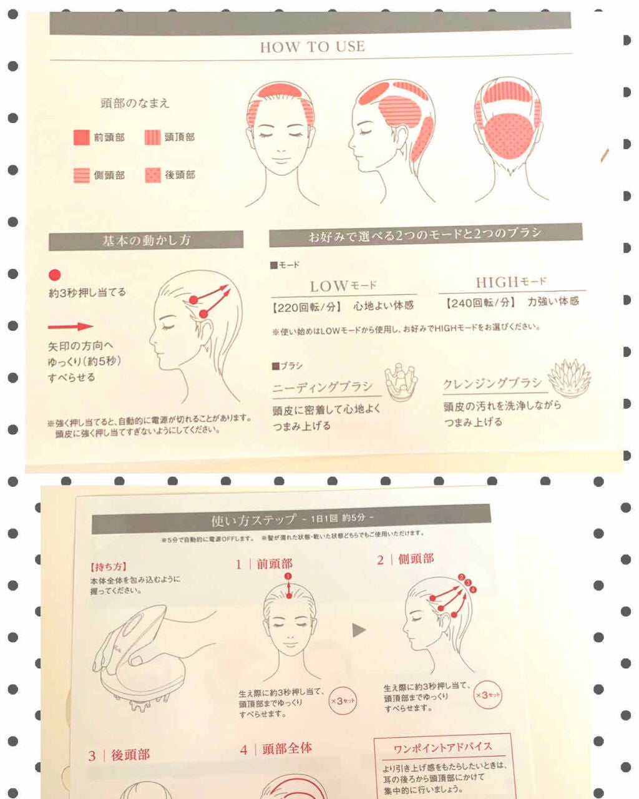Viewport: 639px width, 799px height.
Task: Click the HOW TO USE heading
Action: [x=312, y=47]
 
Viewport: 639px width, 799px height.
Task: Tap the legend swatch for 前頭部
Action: [x=82, y=137]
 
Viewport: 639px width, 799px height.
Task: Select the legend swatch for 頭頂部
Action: [x=152, y=137]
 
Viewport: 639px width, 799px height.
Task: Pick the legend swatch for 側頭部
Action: [x=82, y=175]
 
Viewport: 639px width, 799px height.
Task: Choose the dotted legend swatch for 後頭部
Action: [x=152, y=175]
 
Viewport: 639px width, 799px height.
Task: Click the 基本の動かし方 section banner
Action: [x=146, y=240]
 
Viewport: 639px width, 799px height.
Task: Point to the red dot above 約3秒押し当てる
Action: [x=55, y=275]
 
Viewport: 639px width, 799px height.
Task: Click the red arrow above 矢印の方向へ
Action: [x=71, y=326]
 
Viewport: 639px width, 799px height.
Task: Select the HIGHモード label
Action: [x=511, y=282]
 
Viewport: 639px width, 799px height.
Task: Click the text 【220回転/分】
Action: [x=306, y=306]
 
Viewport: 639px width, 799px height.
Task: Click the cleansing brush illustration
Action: [x=569, y=378]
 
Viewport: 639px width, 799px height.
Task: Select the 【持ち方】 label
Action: [x=109, y=567]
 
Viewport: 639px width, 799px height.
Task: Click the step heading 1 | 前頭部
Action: [x=264, y=564]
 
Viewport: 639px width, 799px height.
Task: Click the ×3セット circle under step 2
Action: [x=487, y=695]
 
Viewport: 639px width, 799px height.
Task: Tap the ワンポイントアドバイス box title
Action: [x=442, y=747]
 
